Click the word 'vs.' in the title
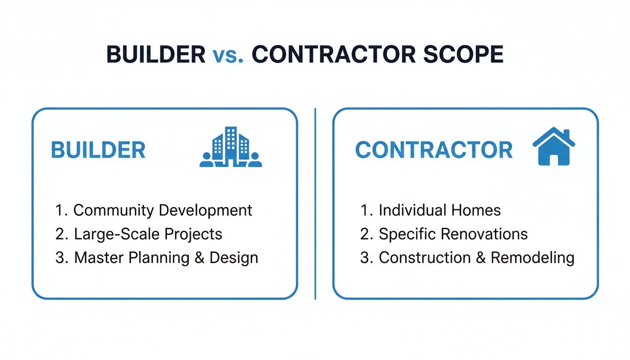pyautogui.click(x=228, y=55)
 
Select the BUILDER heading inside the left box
pyautogui.click(x=98, y=150)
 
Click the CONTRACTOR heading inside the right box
pyautogui.click(x=434, y=150)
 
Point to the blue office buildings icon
pyautogui.click(x=231, y=147)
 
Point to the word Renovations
pyautogui.click(x=485, y=234)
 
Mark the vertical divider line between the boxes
pyautogui.click(x=315, y=203)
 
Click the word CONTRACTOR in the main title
pyautogui.click(x=333, y=55)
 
